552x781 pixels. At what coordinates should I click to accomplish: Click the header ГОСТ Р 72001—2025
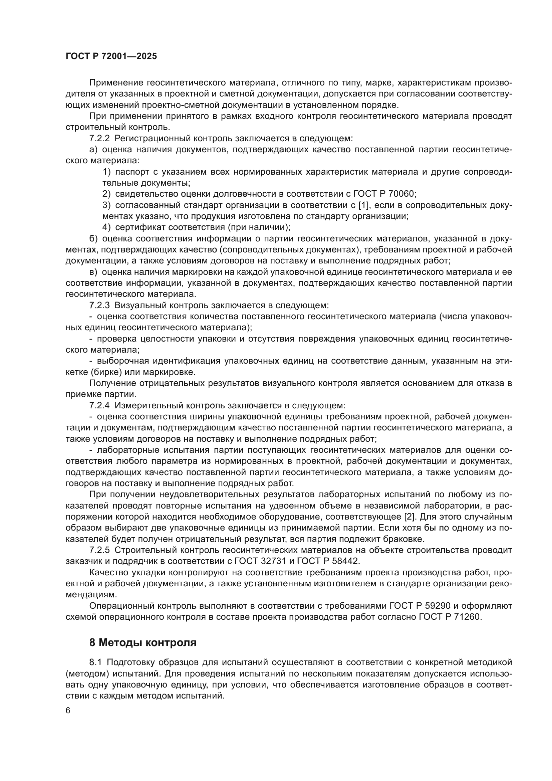[111, 56]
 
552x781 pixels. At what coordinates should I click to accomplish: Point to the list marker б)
[93, 238]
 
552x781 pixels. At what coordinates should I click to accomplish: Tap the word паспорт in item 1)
[133, 172]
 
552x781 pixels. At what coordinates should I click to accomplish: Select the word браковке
[403, 539]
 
